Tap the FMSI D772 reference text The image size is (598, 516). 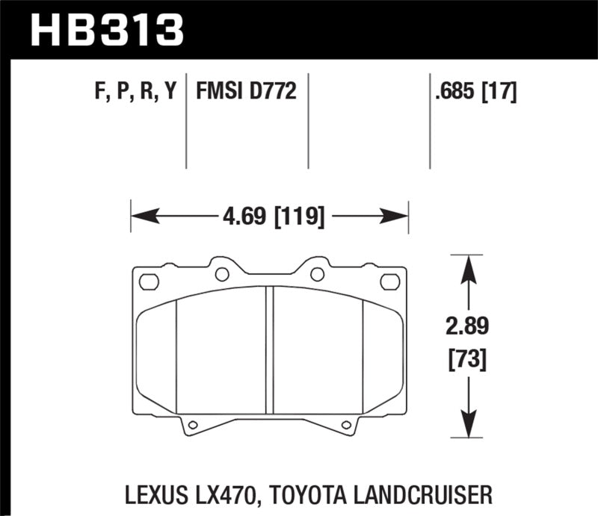[x=247, y=93]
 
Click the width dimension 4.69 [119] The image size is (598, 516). [x=271, y=219]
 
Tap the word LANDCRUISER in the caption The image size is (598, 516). [x=429, y=494]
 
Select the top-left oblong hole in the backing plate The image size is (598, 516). [x=149, y=282]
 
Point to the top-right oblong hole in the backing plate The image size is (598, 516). [x=389, y=282]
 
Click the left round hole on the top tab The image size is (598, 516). [x=221, y=273]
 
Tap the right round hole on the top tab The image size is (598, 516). [x=317, y=273]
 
